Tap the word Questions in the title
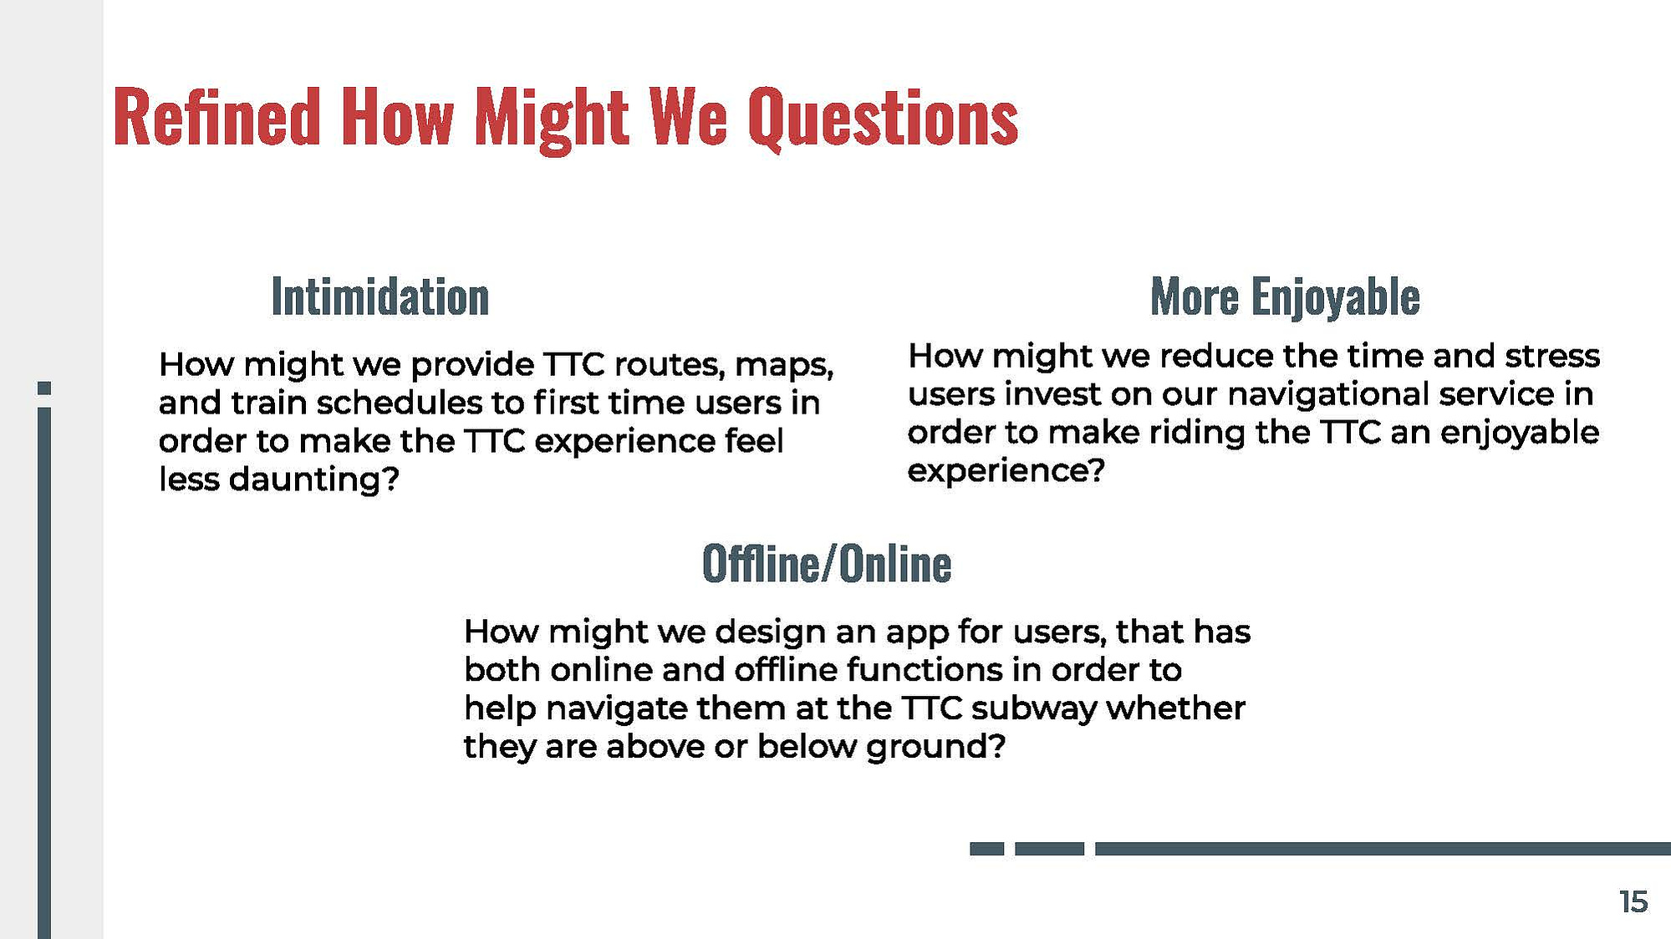pos(883,119)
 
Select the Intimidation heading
pos(380,297)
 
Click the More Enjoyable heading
pos(1285,297)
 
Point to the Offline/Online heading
pos(827,563)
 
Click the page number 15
pos(1633,902)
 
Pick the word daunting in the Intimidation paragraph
pos(313,480)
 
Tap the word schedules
pos(400,403)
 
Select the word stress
pos(1552,356)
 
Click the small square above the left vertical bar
pos(44,388)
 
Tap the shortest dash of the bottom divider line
pos(986,849)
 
